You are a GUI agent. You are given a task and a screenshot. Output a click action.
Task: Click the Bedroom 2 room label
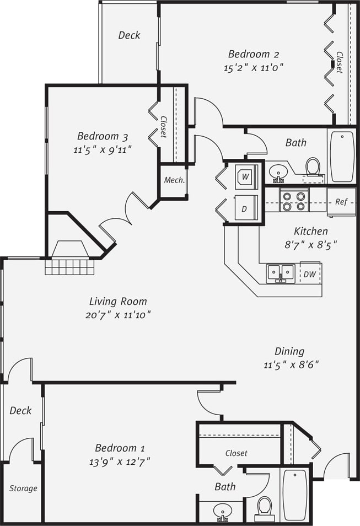(254, 54)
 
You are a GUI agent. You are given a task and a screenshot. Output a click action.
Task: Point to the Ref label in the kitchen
(341, 202)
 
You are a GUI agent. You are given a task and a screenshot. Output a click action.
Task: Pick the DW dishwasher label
(309, 273)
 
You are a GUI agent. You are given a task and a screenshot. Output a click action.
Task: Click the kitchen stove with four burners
(293, 200)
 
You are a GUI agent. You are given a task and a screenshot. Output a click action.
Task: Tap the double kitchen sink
(281, 272)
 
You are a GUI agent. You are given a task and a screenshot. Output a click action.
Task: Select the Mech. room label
(174, 180)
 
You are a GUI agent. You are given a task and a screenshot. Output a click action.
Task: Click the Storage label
(23, 489)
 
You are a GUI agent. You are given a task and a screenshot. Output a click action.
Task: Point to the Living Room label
(118, 302)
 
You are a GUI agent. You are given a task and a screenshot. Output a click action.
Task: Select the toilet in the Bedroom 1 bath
(265, 507)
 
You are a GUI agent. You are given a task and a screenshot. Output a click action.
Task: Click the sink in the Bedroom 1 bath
(224, 511)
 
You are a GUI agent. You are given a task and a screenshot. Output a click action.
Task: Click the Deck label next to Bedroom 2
(130, 35)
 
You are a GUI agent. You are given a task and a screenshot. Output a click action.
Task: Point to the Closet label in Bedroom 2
(340, 62)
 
